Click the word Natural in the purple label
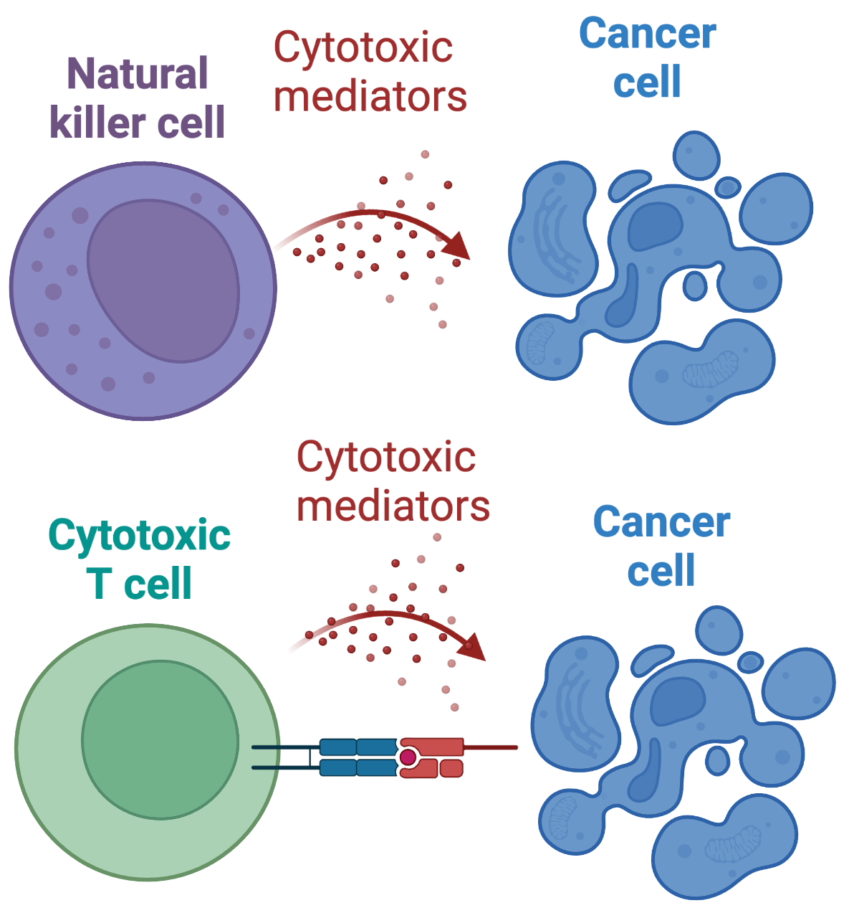(x=137, y=74)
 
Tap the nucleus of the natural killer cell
(x=163, y=280)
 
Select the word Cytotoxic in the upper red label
(x=363, y=48)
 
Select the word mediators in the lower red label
(x=393, y=506)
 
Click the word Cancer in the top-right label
(x=647, y=34)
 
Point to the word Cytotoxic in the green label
(x=139, y=535)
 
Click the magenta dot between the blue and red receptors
(x=408, y=757)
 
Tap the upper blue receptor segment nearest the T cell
(x=337, y=747)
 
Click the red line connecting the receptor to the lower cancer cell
(x=491, y=747)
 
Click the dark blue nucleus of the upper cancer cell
(x=654, y=225)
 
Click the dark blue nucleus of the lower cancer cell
(x=676, y=699)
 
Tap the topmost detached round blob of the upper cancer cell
(x=696, y=155)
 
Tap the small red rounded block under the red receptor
(x=451, y=769)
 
